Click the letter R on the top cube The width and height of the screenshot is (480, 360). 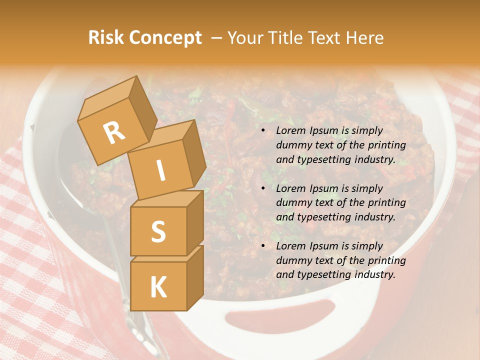pyautogui.click(x=114, y=133)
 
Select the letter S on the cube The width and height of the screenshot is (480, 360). pyautogui.click(x=158, y=232)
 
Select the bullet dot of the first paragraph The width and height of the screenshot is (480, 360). pyautogui.click(x=263, y=130)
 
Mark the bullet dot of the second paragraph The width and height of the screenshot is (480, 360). pyautogui.click(x=263, y=188)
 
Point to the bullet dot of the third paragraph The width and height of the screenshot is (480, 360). pyautogui.click(x=263, y=246)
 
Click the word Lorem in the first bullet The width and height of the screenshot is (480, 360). pyautogui.click(x=290, y=130)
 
